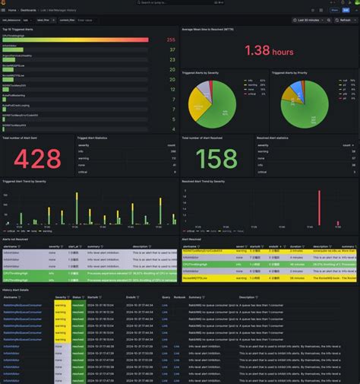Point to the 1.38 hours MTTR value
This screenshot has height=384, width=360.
(269, 51)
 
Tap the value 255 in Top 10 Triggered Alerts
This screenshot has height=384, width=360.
(171, 40)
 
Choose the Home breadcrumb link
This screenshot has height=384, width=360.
(12, 9)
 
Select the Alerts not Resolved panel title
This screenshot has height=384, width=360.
(18, 239)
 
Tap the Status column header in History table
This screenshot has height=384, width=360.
(77, 297)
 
